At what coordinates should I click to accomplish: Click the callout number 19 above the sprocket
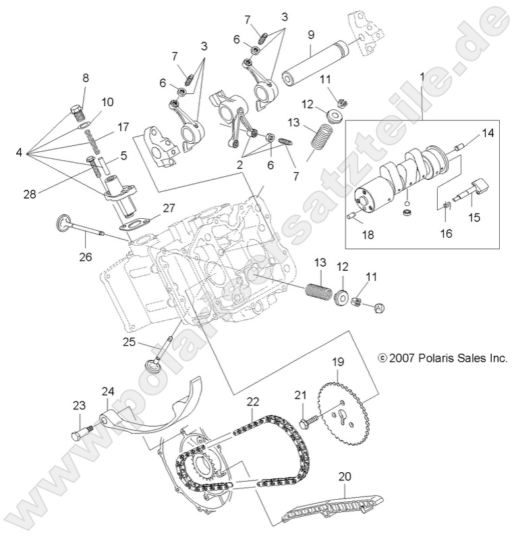(337, 361)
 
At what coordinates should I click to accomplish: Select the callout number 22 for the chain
(252, 401)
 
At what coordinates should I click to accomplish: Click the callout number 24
(108, 391)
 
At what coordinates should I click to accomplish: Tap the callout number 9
(311, 33)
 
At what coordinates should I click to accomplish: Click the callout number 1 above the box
(422, 78)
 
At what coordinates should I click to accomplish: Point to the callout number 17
(123, 126)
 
